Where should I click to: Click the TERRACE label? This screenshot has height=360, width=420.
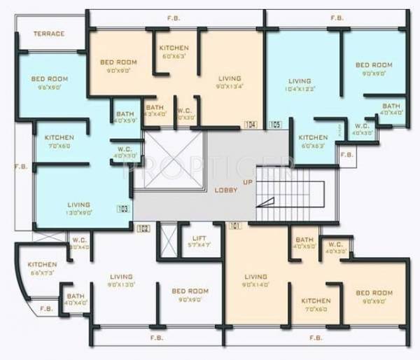click(x=48, y=34)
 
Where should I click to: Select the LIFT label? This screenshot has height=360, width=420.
click(x=198, y=238)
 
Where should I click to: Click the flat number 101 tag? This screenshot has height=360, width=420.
click(x=235, y=226)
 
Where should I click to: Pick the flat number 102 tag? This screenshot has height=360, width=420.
click(x=143, y=228)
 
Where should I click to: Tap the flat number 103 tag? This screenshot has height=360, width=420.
click(x=124, y=208)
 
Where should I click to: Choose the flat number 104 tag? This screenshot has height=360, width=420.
click(x=250, y=125)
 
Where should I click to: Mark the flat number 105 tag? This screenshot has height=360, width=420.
click(x=274, y=125)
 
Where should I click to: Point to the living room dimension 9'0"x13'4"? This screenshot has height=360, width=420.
click(x=229, y=87)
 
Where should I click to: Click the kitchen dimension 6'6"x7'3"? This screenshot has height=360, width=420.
click(x=42, y=272)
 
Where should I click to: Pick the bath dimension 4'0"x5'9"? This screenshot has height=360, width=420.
click(x=125, y=121)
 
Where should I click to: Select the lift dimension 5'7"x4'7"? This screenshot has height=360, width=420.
click(x=198, y=245)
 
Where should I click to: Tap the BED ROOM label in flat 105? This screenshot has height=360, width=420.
click(x=373, y=65)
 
